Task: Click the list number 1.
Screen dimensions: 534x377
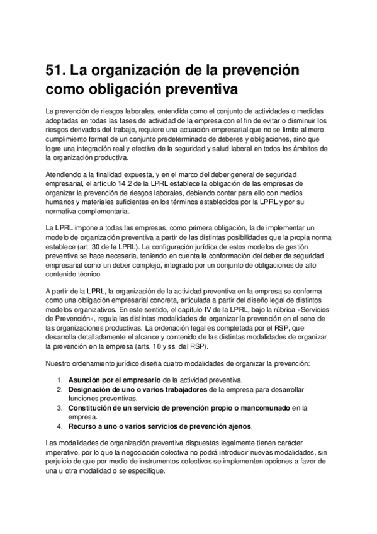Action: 59,380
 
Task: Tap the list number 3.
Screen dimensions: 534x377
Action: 59,407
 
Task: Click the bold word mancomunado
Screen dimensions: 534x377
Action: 259,407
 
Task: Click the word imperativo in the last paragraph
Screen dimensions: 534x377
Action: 65,451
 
